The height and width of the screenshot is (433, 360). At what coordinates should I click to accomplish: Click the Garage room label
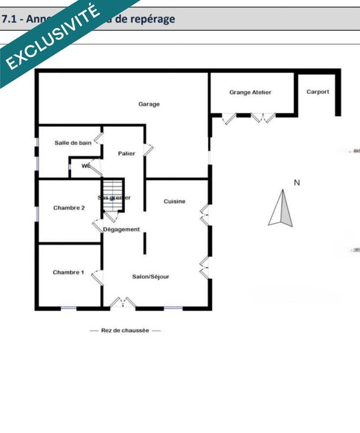(149, 104)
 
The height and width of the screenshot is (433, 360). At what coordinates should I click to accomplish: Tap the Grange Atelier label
(250, 93)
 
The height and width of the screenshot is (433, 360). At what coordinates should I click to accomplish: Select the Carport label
(318, 92)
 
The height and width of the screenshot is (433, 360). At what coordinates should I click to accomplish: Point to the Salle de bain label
(73, 143)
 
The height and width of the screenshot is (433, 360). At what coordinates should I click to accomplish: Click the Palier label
(127, 154)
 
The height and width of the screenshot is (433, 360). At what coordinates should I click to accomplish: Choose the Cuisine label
(174, 201)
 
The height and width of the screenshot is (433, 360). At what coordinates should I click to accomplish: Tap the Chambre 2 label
(69, 208)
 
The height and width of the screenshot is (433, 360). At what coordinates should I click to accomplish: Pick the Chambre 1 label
(68, 272)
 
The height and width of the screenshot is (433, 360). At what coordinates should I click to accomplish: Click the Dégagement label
(121, 229)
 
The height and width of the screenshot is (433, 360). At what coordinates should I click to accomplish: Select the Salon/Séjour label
(151, 277)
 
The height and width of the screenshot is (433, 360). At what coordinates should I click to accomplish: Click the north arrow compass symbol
(281, 208)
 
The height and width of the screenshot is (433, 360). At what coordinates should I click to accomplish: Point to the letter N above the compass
(296, 183)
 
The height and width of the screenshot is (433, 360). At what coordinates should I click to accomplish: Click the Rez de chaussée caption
(125, 330)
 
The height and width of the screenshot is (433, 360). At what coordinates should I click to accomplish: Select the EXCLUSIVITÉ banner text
(53, 37)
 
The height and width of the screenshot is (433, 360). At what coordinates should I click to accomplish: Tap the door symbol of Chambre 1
(97, 277)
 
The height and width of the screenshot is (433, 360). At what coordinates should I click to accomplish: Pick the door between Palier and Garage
(148, 149)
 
